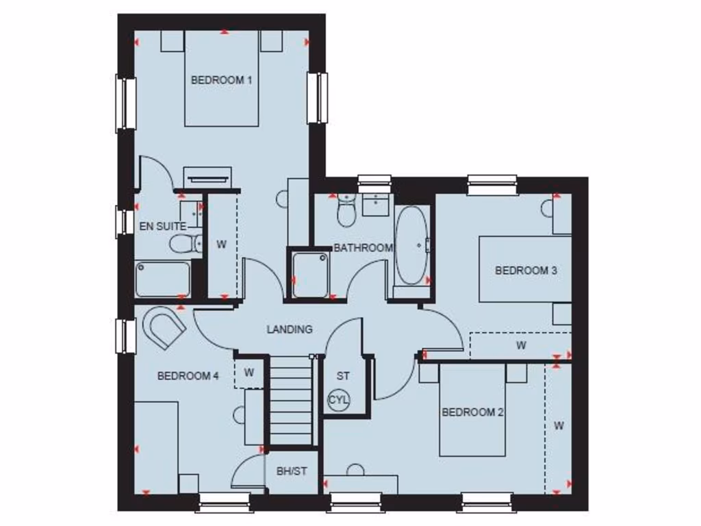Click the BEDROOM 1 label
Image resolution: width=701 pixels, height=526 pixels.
[x=221, y=80]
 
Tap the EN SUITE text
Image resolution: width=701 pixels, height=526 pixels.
[x=162, y=225]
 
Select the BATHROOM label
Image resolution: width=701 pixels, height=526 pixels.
[x=363, y=248]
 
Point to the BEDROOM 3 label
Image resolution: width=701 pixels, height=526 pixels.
[x=526, y=271]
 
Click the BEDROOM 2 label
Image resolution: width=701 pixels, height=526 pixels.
[x=472, y=412]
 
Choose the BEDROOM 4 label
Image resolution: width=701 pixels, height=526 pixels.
[x=188, y=375]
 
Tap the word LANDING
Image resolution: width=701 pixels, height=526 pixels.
[x=290, y=329]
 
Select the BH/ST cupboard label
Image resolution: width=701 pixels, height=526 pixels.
[x=291, y=471]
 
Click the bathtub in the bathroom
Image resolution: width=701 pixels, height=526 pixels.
[x=411, y=246]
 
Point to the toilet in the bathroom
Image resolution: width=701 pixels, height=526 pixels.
[x=346, y=211]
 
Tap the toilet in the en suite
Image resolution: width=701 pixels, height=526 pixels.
[x=185, y=243]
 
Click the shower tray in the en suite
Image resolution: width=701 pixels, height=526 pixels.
[x=163, y=279]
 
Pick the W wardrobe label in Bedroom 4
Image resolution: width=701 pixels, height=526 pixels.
[x=249, y=373]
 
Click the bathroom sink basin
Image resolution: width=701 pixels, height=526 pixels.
[x=375, y=204]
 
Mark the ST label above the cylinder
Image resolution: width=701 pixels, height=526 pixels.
[x=343, y=376]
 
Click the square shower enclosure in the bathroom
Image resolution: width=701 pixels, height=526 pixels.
[x=309, y=274]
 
